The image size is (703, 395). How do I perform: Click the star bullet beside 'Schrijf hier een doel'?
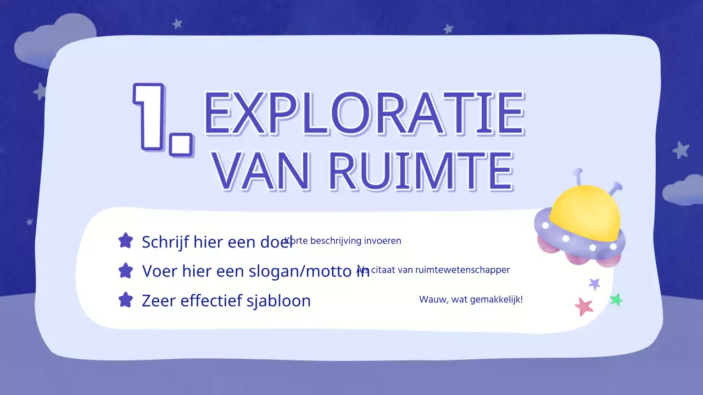[x=126, y=240]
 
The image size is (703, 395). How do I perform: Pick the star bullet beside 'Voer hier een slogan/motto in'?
[x=126, y=270]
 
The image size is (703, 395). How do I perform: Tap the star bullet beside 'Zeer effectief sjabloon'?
[x=126, y=300]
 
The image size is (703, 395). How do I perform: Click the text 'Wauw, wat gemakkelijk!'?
[x=471, y=300]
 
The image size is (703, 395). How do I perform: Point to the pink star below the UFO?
[x=583, y=306]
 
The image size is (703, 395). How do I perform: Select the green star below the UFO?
[x=616, y=300]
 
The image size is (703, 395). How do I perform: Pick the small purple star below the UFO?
[x=594, y=284]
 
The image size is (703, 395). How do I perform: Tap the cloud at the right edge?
[x=684, y=191]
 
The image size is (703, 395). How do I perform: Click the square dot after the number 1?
[x=181, y=144]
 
